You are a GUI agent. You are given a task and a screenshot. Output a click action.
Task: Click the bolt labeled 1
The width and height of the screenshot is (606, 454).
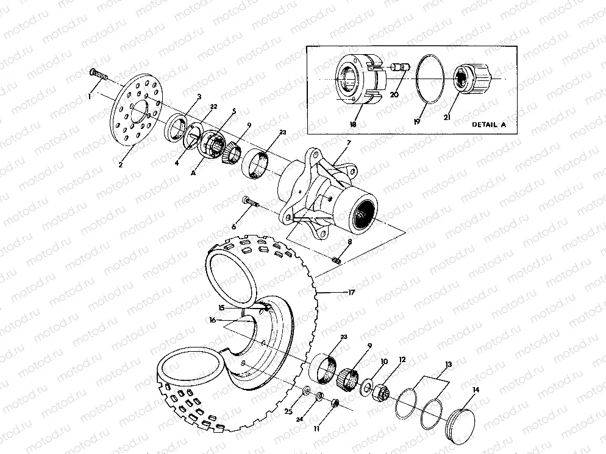point(99,74)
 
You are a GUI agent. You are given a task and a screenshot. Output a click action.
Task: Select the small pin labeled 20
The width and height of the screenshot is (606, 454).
point(398,68)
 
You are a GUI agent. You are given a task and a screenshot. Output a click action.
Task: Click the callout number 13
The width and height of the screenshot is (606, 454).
point(449,365)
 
